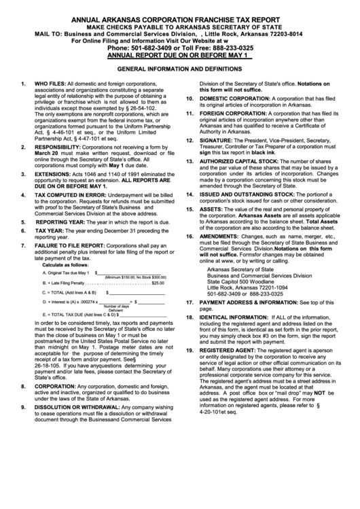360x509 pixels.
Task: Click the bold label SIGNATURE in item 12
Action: [213, 139]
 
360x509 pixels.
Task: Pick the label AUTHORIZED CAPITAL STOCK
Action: [238, 160]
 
